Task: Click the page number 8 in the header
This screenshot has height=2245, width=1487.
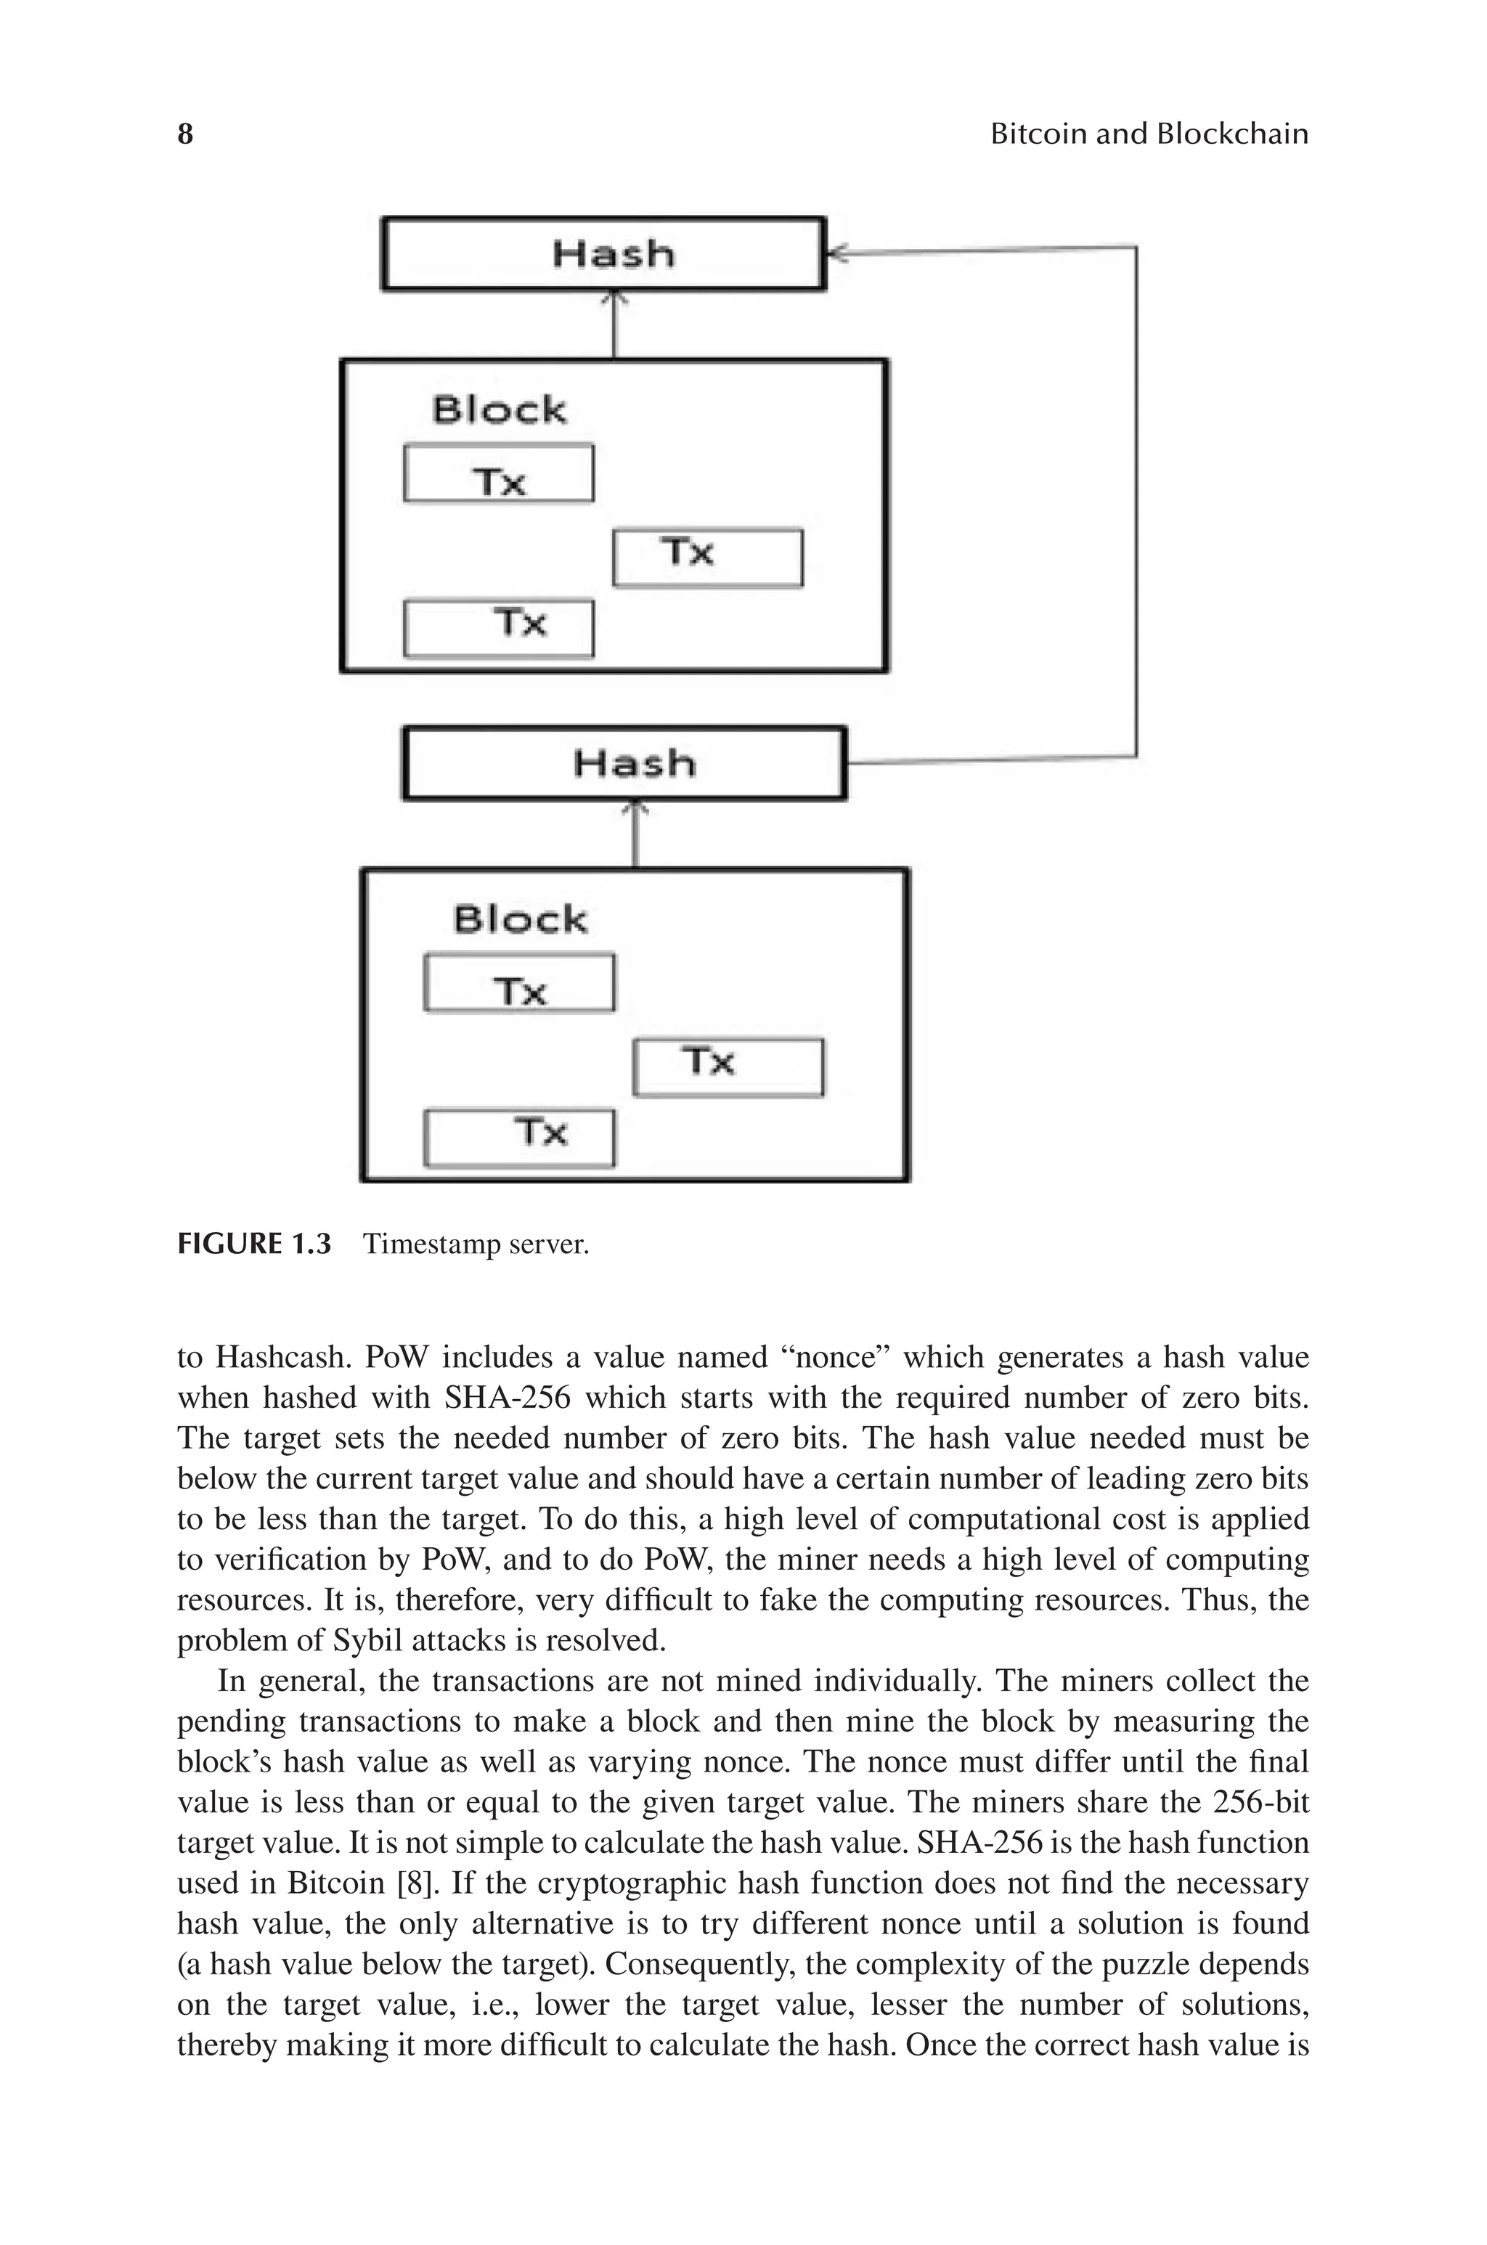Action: [186, 134]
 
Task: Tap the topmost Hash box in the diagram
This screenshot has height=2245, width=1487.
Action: [604, 254]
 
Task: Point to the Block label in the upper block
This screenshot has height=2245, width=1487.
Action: [499, 410]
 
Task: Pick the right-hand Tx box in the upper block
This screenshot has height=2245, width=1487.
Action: [707, 558]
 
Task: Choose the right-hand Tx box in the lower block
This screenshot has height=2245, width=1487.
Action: [728, 1067]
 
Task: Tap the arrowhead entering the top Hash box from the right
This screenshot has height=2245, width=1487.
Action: [836, 252]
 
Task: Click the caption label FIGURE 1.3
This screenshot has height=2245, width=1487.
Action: [254, 1244]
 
